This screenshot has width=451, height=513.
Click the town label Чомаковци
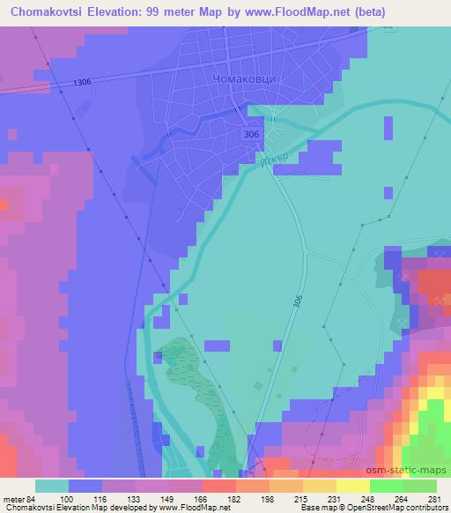[246, 78]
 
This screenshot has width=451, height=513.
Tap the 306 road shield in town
[252, 132]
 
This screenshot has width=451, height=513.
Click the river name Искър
[274, 163]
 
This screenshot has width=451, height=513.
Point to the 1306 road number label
[83, 82]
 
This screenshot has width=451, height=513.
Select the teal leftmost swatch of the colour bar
[52, 486]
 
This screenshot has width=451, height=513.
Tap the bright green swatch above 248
[385, 486]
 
